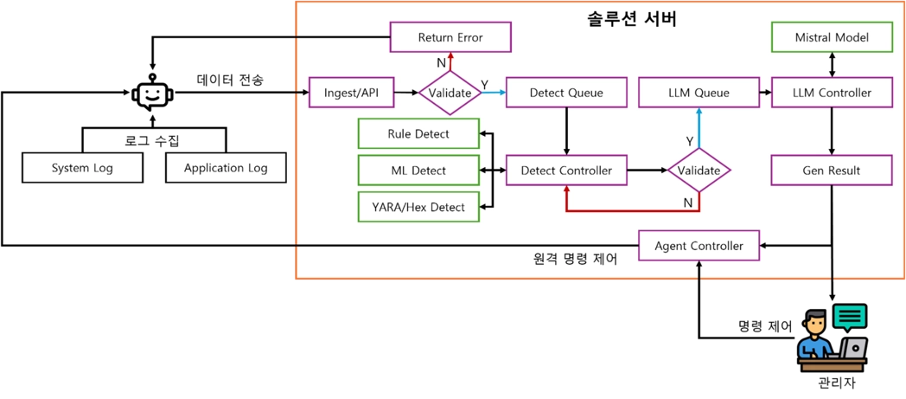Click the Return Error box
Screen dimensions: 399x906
(450, 37)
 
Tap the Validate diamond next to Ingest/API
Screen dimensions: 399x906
(450, 93)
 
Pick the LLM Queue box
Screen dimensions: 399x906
(699, 93)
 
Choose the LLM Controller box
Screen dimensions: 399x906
(831, 93)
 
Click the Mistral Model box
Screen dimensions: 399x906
(831, 37)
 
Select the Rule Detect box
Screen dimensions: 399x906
(418, 134)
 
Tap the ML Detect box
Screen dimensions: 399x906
(418, 171)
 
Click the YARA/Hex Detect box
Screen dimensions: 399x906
(418, 207)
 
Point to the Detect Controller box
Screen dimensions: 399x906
(566, 171)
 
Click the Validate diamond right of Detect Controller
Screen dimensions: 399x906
(699, 171)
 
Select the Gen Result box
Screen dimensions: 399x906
(831, 171)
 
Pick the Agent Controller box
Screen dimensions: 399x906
(699, 246)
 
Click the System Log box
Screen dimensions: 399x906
(82, 168)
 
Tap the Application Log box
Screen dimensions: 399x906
(226, 168)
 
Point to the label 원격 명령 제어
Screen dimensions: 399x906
(575, 259)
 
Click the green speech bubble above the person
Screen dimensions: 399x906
(849, 317)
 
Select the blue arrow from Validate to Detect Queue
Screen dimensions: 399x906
(494, 93)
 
